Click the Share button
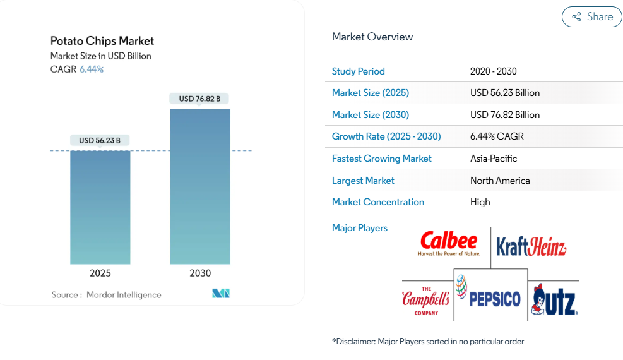click(x=591, y=16)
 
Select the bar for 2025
click(x=100, y=207)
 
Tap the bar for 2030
click(x=200, y=186)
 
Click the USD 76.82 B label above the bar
click(x=199, y=99)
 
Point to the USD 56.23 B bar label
click(x=99, y=140)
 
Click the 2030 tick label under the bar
click(x=200, y=273)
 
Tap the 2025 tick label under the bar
click(x=100, y=273)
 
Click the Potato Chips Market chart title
click(x=102, y=41)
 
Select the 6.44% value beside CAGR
click(x=92, y=69)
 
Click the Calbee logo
click(x=449, y=243)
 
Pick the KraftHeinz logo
click(x=531, y=246)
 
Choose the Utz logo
click(x=554, y=300)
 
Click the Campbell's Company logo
click(x=425, y=301)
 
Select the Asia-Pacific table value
click(x=494, y=159)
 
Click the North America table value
click(x=500, y=181)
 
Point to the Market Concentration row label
click(x=378, y=202)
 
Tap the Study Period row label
click(x=359, y=71)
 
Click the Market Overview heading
click(x=372, y=37)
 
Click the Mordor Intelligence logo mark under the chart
click(x=221, y=293)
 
